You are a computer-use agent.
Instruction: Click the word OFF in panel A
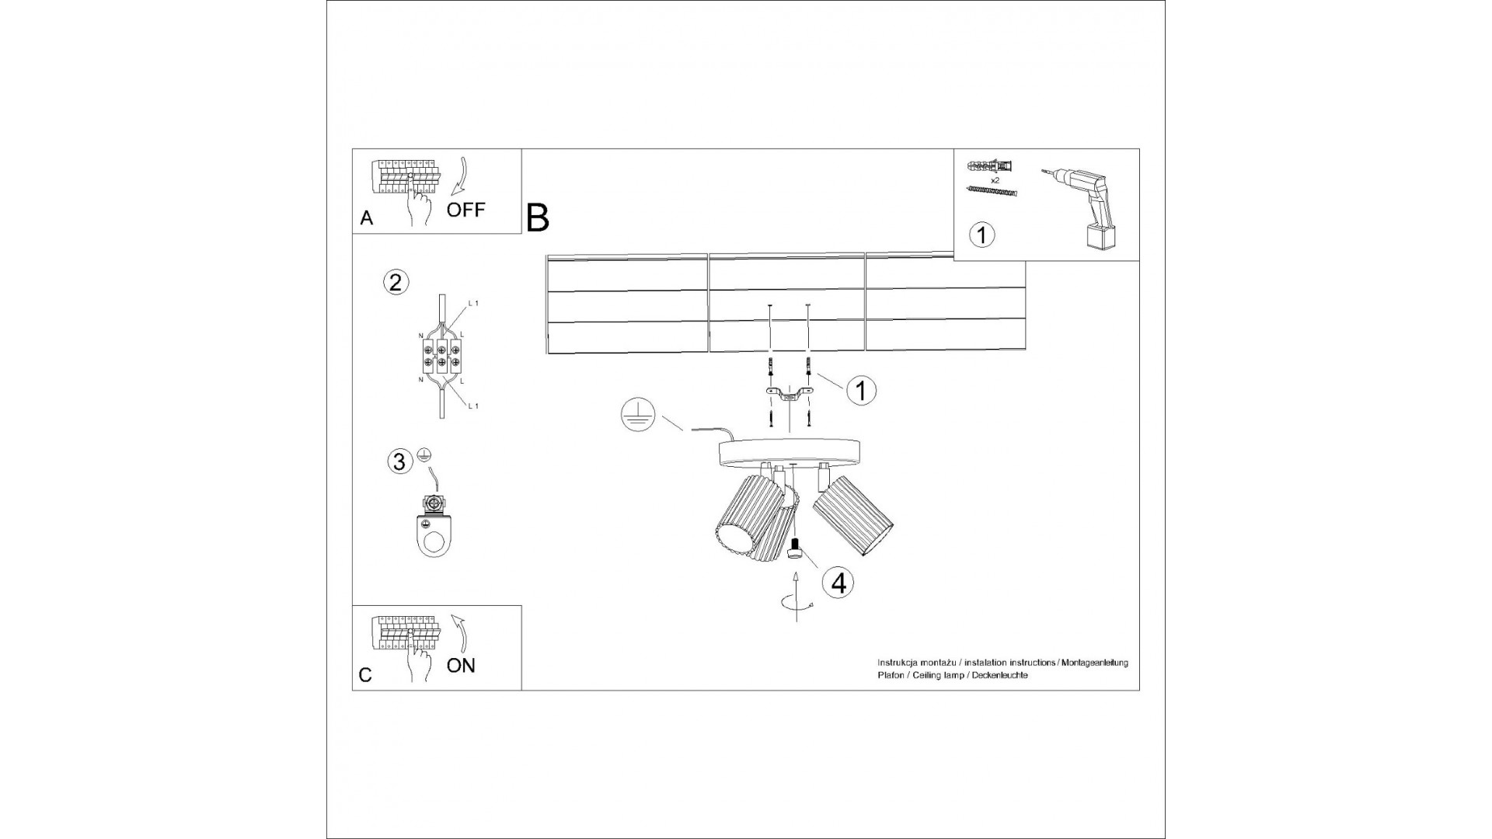pyautogui.click(x=465, y=209)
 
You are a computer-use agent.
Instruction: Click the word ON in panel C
pyautogui.click(x=462, y=665)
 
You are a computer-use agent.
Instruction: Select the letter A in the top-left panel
pyautogui.click(x=367, y=219)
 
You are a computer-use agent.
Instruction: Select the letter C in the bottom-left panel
pyautogui.click(x=366, y=675)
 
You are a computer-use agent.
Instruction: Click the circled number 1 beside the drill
pyautogui.click(x=982, y=234)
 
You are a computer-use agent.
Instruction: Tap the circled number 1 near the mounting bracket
pyautogui.click(x=860, y=390)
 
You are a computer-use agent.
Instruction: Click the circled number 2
pyautogui.click(x=396, y=282)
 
